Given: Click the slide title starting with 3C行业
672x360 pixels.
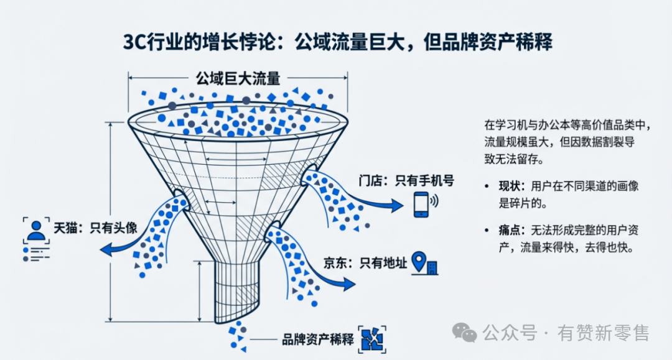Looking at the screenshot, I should tap(337, 43).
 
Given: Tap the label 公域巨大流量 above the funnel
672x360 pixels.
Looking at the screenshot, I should tap(238, 78).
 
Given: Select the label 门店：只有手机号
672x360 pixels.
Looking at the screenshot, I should tap(406, 181).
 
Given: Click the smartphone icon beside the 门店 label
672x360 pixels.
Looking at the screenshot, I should tap(422, 204).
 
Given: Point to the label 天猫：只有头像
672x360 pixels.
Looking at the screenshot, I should tap(95, 228).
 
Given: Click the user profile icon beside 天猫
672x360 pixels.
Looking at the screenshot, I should tap(37, 230).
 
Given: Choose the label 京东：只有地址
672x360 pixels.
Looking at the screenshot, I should tap(365, 263).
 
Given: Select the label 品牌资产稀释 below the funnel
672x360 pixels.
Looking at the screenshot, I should tap(317, 339).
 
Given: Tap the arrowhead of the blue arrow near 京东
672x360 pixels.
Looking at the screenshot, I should tap(350, 285).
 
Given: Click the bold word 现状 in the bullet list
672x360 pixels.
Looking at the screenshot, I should tap(510, 186).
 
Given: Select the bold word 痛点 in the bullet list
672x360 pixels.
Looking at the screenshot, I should tap(510, 231).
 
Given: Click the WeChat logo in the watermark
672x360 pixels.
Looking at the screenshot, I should tap(465, 333).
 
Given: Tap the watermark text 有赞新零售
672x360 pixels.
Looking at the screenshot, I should tap(604, 333).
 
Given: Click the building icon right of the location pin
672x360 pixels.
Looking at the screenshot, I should tap(432, 267).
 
